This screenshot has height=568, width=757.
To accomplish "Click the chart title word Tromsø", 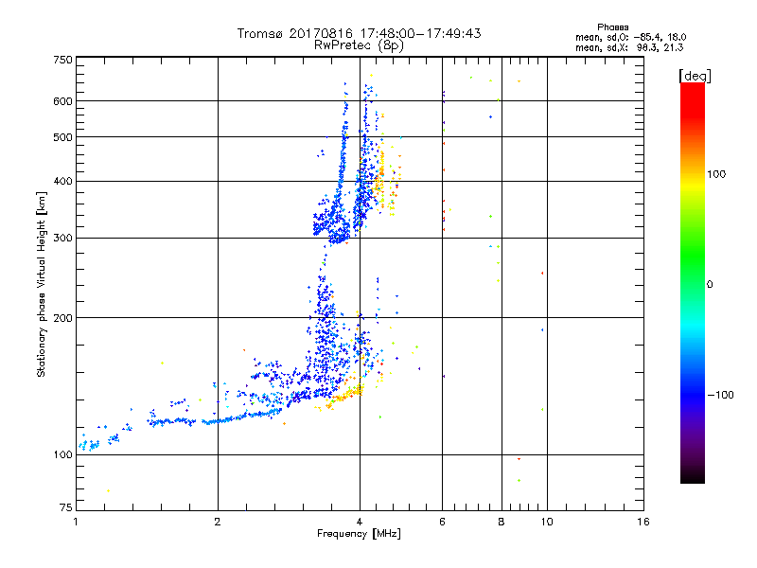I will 260,33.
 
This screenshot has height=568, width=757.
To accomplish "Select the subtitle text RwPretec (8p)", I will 360,44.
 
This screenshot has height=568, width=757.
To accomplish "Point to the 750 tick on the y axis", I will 62,60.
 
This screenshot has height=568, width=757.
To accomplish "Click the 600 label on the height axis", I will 62,101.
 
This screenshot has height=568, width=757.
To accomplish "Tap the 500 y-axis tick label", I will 62,137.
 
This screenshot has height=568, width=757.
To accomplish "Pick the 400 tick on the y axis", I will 62,181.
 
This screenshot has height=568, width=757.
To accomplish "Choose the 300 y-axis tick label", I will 62,238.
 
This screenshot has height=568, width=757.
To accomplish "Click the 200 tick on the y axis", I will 62,318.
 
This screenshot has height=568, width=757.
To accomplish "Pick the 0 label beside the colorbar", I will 711,284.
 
